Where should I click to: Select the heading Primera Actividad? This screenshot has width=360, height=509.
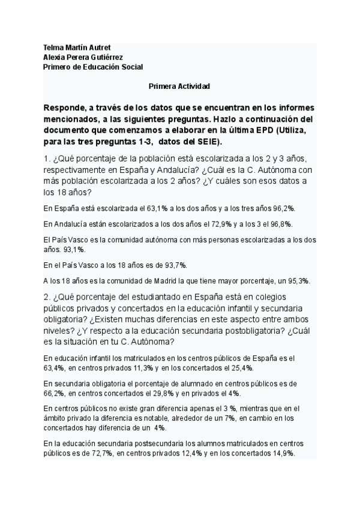click(x=179, y=86)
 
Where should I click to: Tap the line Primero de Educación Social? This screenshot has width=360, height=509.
click(x=94, y=67)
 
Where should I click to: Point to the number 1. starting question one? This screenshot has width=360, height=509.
click(x=47, y=158)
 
